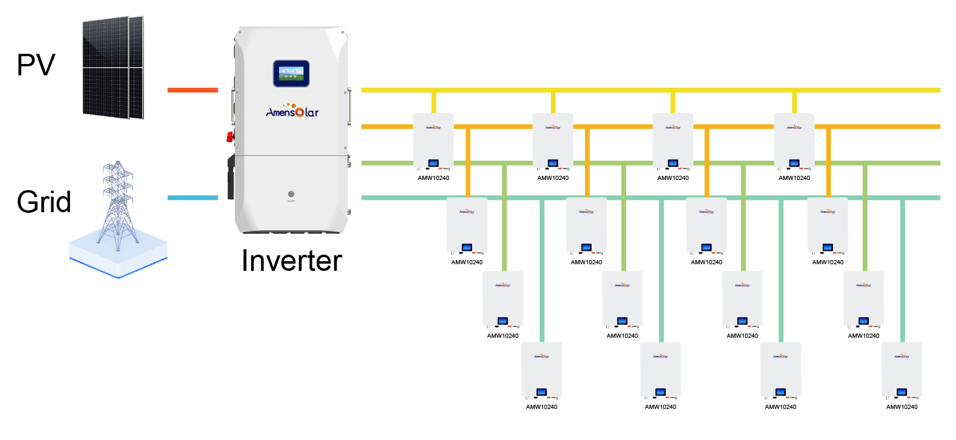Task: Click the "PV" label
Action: click(36, 65)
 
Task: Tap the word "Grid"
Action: click(44, 202)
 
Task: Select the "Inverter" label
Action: click(292, 261)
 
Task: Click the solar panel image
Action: click(113, 68)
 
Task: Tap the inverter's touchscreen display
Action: click(291, 74)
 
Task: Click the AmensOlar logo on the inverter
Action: click(292, 112)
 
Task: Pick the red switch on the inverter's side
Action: click(229, 136)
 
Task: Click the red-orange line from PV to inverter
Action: click(192, 90)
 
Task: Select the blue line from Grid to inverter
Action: click(192, 198)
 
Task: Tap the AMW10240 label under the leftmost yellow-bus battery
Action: click(433, 178)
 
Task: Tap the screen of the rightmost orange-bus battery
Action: click(828, 247)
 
